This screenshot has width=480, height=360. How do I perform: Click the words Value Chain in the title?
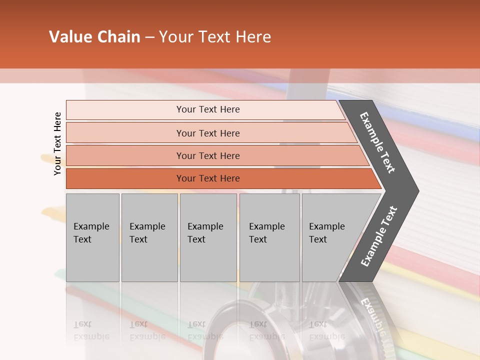(x=94, y=37)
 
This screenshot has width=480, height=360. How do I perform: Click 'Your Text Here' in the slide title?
(x=215, y=37)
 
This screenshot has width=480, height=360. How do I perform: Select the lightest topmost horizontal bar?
(x=125, y=110)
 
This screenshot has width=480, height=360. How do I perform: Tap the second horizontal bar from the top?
(x=125, y=133)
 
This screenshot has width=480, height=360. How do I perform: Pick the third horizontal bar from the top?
(x=125, y=156)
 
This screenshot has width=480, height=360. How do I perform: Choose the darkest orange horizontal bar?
(x=125, y=178)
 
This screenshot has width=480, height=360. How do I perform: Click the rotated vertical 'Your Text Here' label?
(x=57, y=143)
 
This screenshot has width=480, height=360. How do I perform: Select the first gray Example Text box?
(x=92, y=237)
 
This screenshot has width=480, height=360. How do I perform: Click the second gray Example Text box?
(x=149, y=237)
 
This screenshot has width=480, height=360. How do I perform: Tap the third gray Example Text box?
(x=208, y=237)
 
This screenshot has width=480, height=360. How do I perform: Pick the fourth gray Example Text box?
(x=269, y=237)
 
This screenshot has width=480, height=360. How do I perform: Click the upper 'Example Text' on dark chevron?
(x=377, y=142)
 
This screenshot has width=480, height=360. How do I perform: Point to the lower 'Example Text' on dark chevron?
(x=379, y=236)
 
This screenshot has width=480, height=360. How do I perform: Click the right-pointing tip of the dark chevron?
(x=415, y=191)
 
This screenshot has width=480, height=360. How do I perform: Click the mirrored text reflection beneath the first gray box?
(x=91, y=330)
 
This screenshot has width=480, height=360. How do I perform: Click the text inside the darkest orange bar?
(x=208, y=178)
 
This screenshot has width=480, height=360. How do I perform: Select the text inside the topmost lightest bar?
(x=208, y=109)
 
